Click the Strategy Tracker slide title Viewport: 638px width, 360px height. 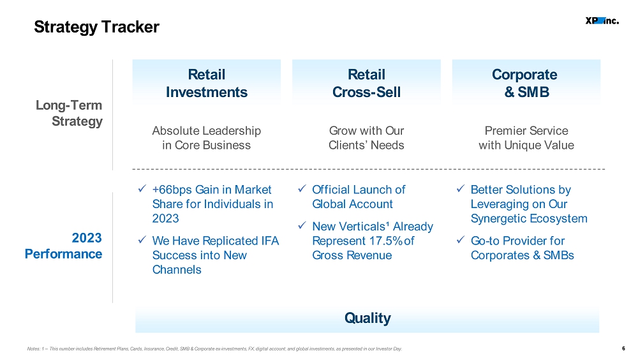(x=96, y=27)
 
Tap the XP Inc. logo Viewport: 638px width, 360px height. (x=602, y=21)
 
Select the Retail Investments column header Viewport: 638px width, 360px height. (x=206, y=83)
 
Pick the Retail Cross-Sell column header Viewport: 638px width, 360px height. (x=366, y=83)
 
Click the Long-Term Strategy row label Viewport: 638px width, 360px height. (x=69, y=113)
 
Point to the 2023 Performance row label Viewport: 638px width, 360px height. (x=63, y=246)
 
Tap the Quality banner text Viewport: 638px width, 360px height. (x=367, y=318)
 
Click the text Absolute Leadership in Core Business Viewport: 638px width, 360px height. (x=206, y=138)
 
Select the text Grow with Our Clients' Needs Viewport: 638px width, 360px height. (x=366, y=138)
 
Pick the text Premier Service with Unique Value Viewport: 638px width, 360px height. (x=526, y=138)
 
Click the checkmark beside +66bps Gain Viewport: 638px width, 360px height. (x=142, y=188)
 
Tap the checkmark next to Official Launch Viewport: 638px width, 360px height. (x=302, y=188)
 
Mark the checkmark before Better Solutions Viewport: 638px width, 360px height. (x=460, y=188)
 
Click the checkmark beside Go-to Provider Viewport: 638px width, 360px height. (x=460, y=240)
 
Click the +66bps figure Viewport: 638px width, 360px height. (x=172, y=190)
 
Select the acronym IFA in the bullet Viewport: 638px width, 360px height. (x=270, y=241)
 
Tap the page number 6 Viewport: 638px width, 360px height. (x=623, y=349)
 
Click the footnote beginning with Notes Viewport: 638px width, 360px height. (x=214, y=349)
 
